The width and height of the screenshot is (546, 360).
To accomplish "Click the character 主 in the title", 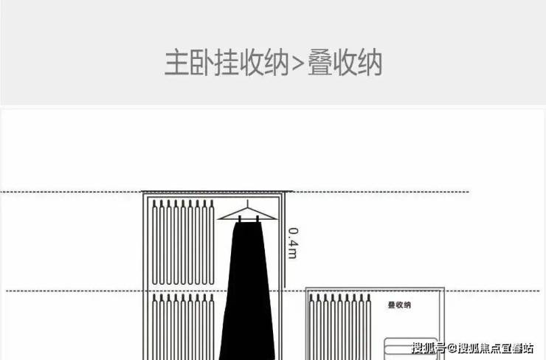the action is (176, 63).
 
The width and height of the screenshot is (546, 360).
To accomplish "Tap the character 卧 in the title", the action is (201, 63).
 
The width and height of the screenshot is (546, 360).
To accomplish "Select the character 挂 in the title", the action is (227, 63).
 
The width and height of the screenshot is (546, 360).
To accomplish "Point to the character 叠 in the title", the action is (319, 63).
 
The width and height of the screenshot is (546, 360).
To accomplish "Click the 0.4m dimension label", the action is (293, 243).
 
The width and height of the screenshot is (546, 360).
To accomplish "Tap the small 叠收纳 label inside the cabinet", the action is (399, 305).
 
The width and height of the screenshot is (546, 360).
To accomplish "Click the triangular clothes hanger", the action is (248, 214).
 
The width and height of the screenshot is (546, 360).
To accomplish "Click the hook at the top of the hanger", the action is (248, 204).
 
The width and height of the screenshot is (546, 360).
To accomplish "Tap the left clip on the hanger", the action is (240, 219).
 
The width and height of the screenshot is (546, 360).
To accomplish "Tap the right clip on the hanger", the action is (258, 219).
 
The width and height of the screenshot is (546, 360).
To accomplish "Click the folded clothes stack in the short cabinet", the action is (410, 349).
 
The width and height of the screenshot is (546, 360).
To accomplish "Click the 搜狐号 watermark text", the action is (429, 347).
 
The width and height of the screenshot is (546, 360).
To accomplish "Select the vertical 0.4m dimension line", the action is (285, 240).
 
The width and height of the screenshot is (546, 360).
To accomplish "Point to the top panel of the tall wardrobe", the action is (217, 192).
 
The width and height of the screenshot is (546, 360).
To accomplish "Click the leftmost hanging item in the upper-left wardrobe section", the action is (155, 242).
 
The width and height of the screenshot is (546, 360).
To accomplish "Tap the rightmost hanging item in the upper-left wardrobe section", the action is (211, 242).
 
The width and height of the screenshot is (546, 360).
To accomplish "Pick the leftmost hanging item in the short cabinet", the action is (311, 327).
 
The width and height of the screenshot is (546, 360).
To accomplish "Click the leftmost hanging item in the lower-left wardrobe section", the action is (155, 327).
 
